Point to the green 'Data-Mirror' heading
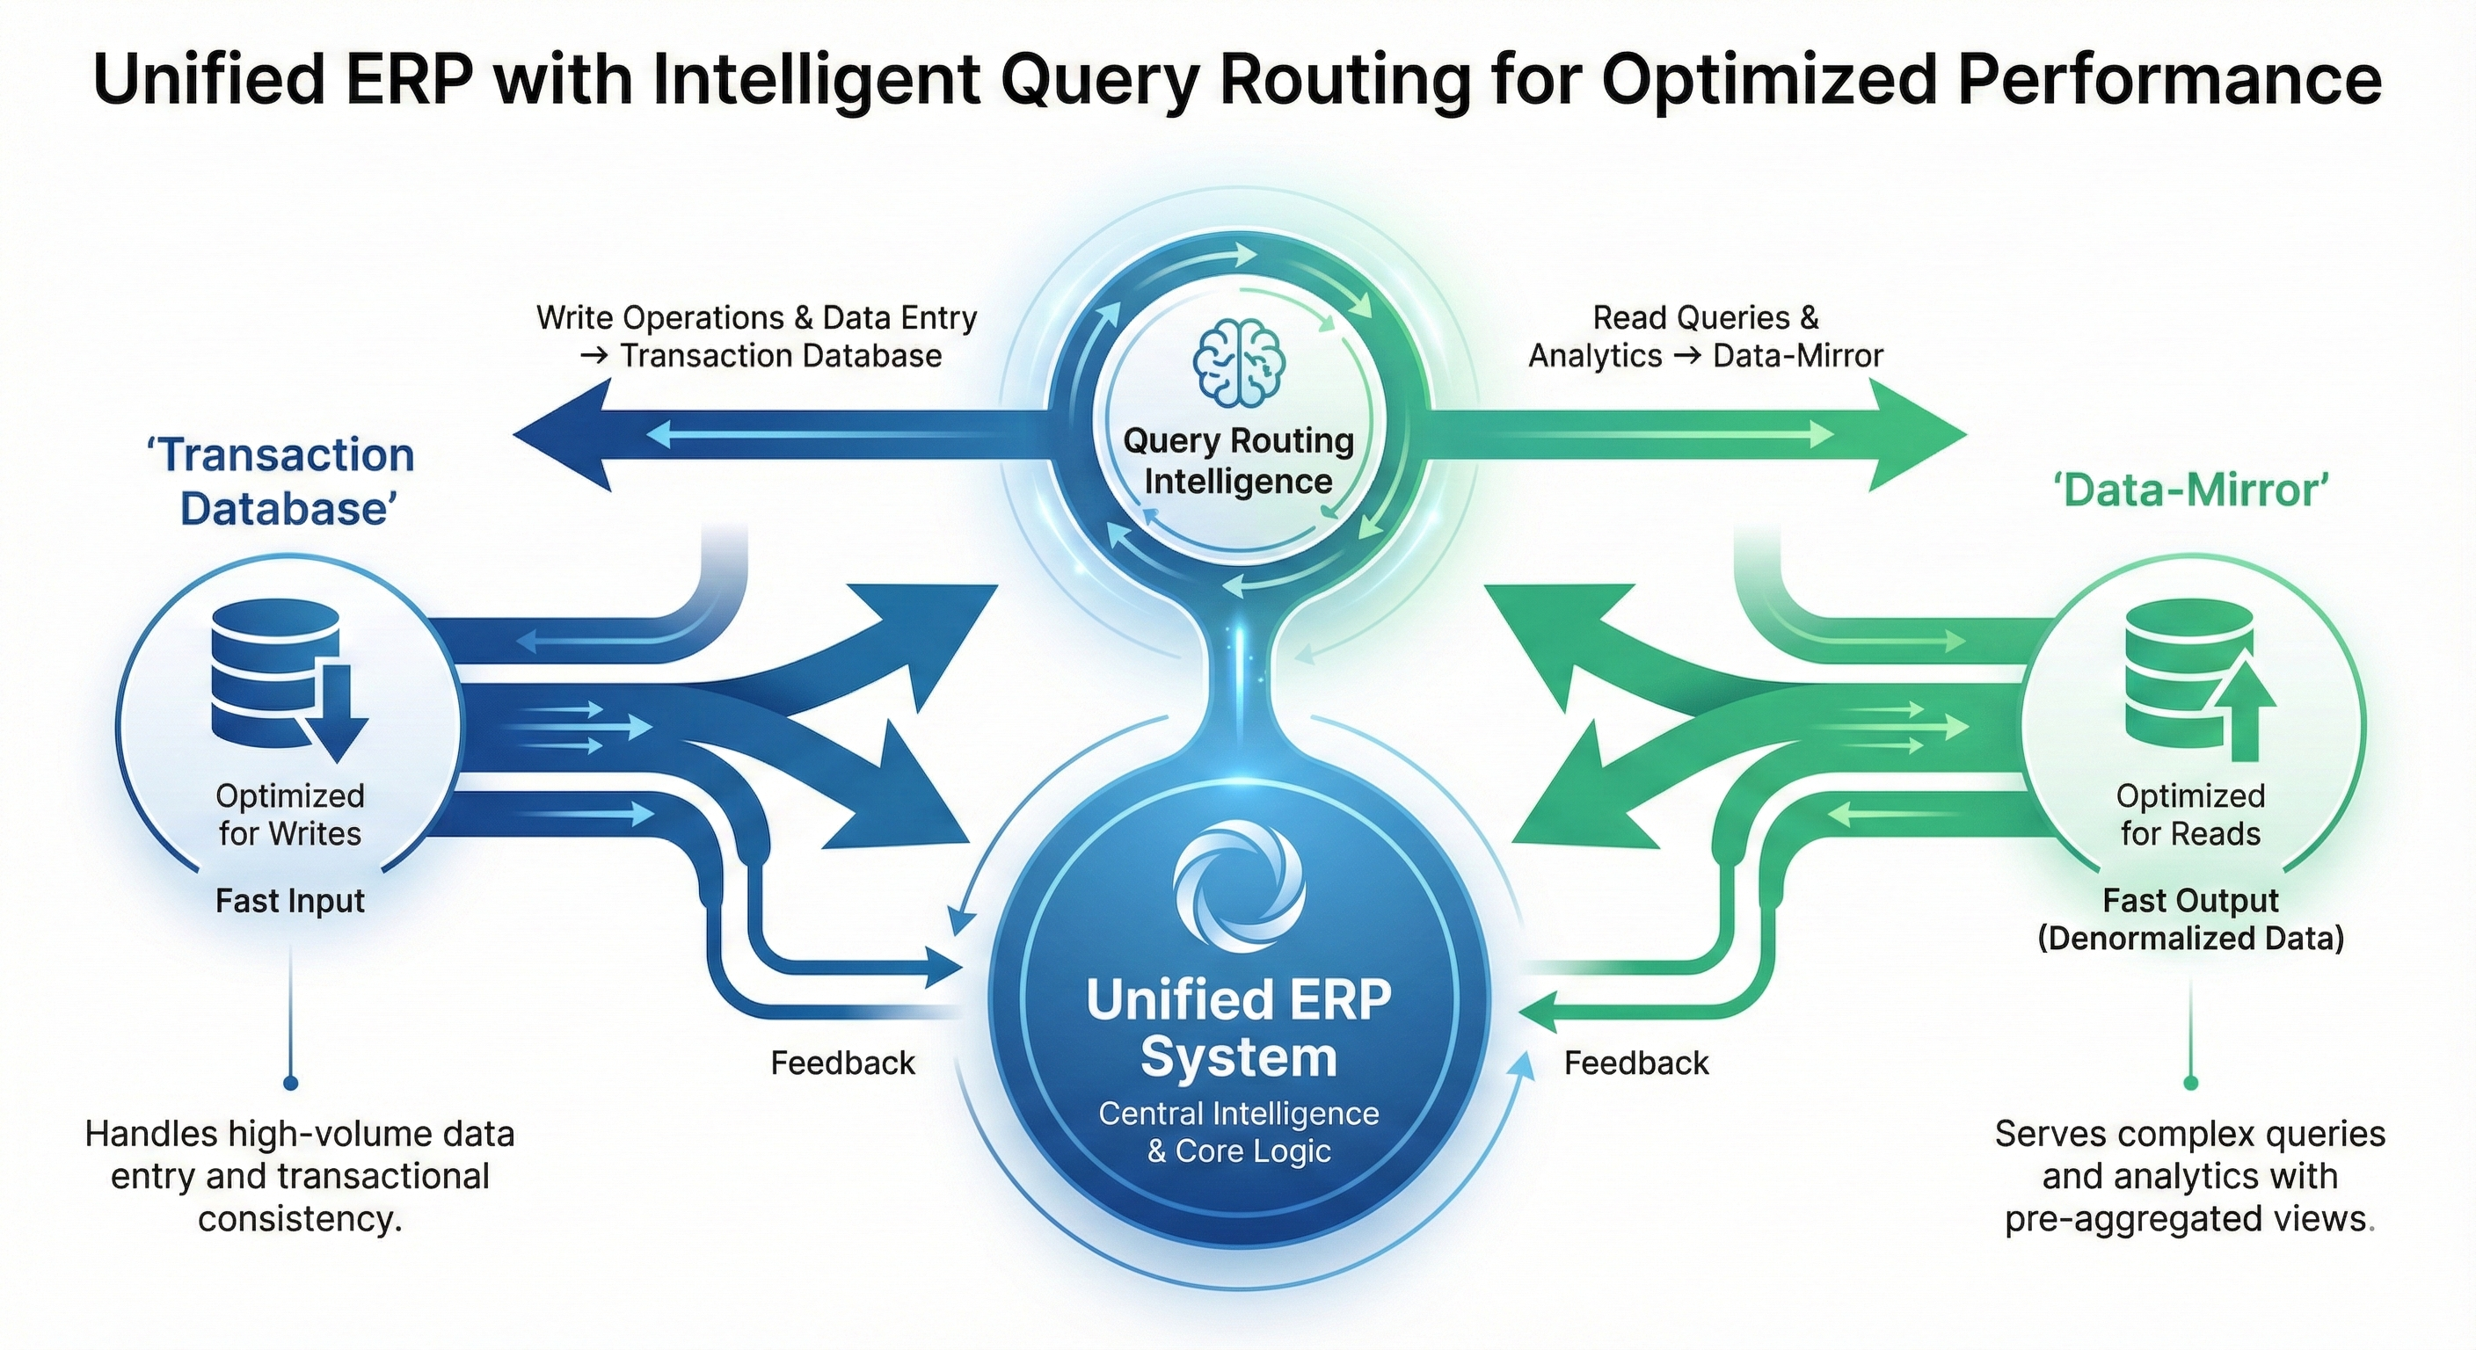pos(2189,491)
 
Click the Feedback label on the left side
pos(843,1063)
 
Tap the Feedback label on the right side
pos(1636,1063)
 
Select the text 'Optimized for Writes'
pos(289,815)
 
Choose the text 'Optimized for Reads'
pos(2190,815)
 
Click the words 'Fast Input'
pos(289,901)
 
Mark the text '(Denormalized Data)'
pos(2190,938)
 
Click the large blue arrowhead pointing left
pos(567,435)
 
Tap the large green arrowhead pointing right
pos(1912,435)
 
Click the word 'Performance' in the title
pos(2167,79)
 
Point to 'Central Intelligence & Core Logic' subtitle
pos(1239,1132)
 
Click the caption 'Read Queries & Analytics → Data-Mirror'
pos(1705,337)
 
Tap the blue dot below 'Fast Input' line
pos(290,1084)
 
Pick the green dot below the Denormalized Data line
pos(2190,1084)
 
